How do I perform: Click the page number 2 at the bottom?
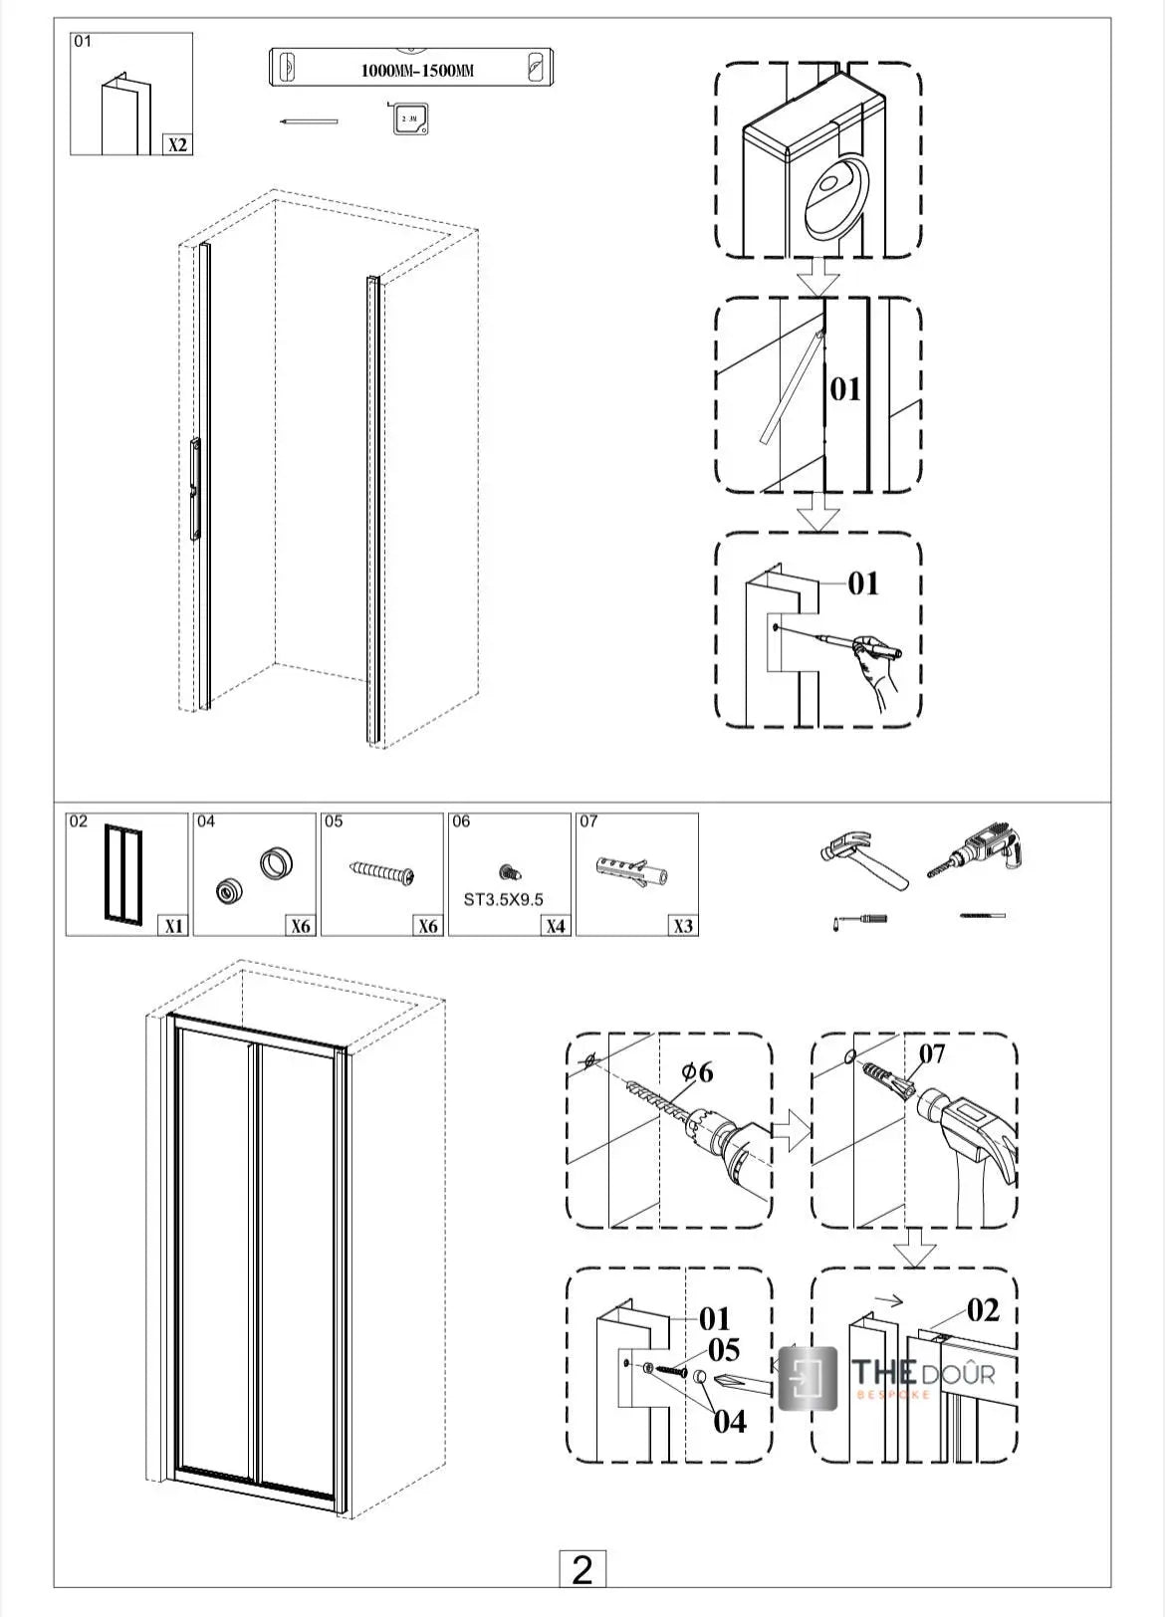coord(582,1569)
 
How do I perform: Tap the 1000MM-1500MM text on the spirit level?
coord(416,71)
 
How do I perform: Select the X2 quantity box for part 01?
coord(177,144)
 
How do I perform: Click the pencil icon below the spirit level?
coord(309,121)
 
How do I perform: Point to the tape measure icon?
coord(409,117)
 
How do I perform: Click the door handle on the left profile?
coord(196,488)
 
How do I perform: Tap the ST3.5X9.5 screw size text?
coord(504,899)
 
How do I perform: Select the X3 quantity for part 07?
coord(682,925)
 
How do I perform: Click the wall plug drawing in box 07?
coord(631,869)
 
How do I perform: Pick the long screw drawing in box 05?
coord(382,872)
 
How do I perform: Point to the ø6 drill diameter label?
coord(697,1072)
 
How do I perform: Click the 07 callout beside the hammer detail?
coord(931,1053)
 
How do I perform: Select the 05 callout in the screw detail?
coord(724,1350)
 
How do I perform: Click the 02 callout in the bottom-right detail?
coord(982,1309)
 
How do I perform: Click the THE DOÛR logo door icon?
coord(807,1378)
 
